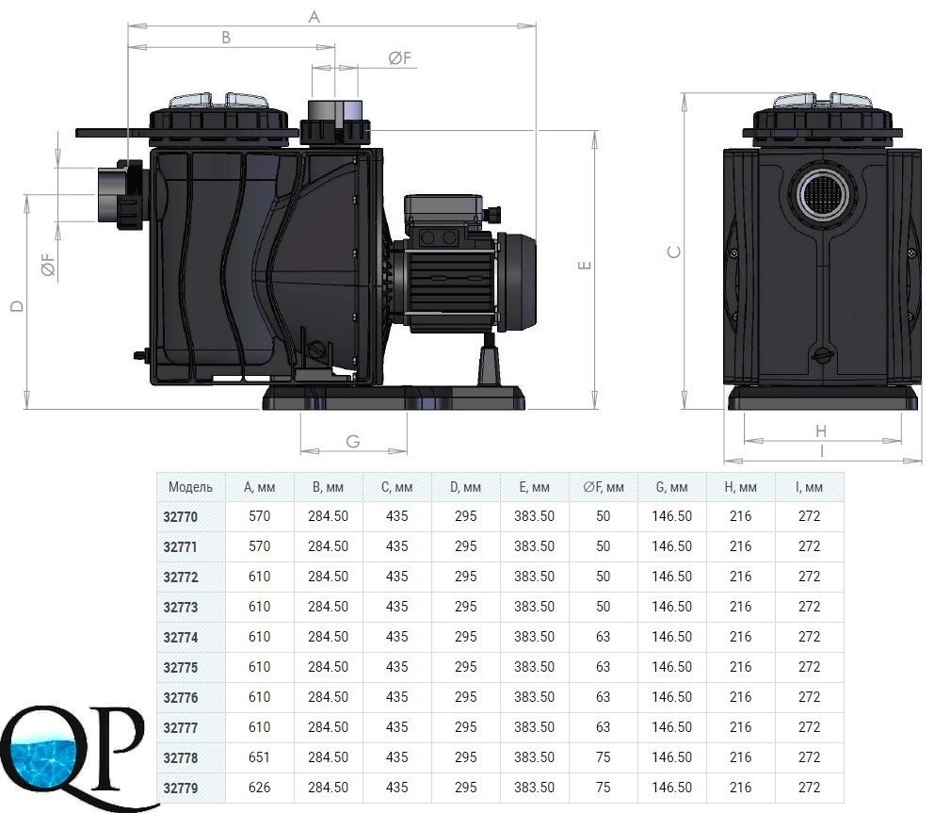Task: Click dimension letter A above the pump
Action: [x=314, y=17]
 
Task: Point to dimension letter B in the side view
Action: [x=226, y=38]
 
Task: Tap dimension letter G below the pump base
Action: [x=353, y=442]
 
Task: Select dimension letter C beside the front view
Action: [x=673, y=252]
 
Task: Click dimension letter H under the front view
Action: [x=821, y=431]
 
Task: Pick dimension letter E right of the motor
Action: [x=585, y=265]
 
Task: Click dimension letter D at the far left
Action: [x=17, y=306]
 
